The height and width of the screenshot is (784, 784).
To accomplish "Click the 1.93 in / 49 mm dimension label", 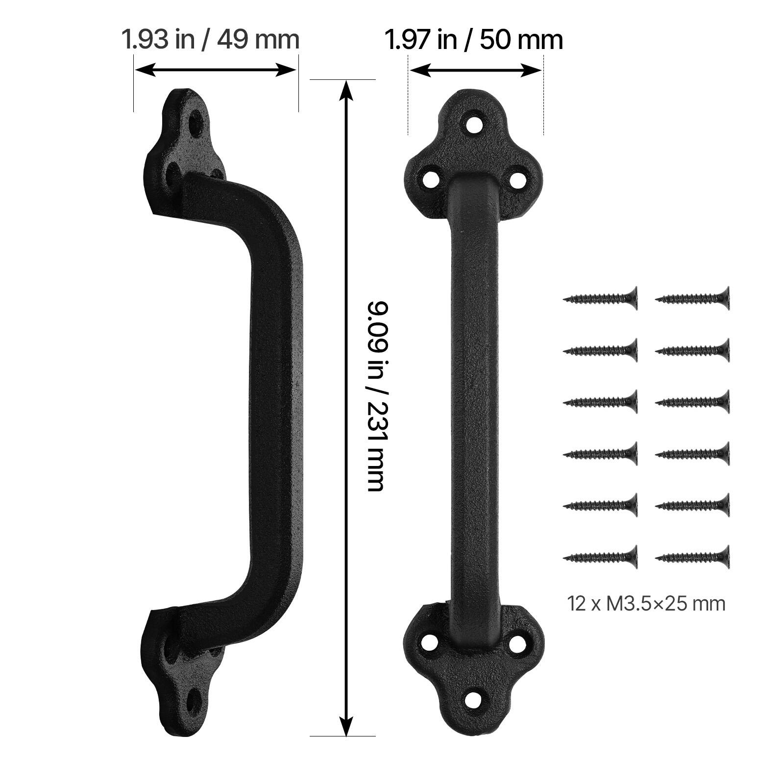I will (210, 39).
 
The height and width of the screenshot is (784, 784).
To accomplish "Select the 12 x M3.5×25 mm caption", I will (646, 604).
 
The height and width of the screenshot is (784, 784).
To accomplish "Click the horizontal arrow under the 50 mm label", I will (475, 70).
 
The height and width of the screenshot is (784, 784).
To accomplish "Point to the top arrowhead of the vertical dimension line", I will (346, 91).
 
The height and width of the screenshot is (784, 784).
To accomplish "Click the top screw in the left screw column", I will (601, 297).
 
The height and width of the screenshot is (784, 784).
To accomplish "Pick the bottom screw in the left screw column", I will (601, 557).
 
